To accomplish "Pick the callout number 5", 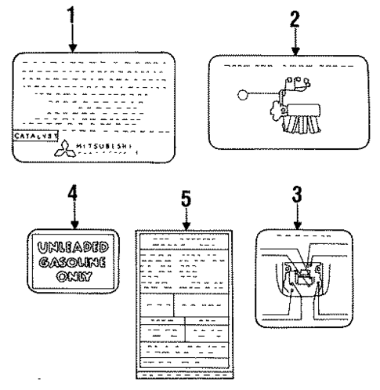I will pos(186,200).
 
